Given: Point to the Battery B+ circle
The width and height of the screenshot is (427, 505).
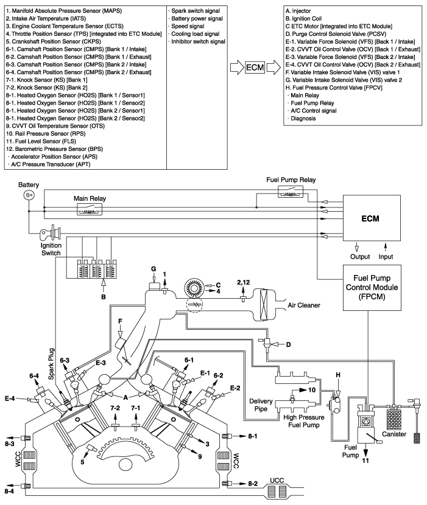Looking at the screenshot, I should (29, 195).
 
